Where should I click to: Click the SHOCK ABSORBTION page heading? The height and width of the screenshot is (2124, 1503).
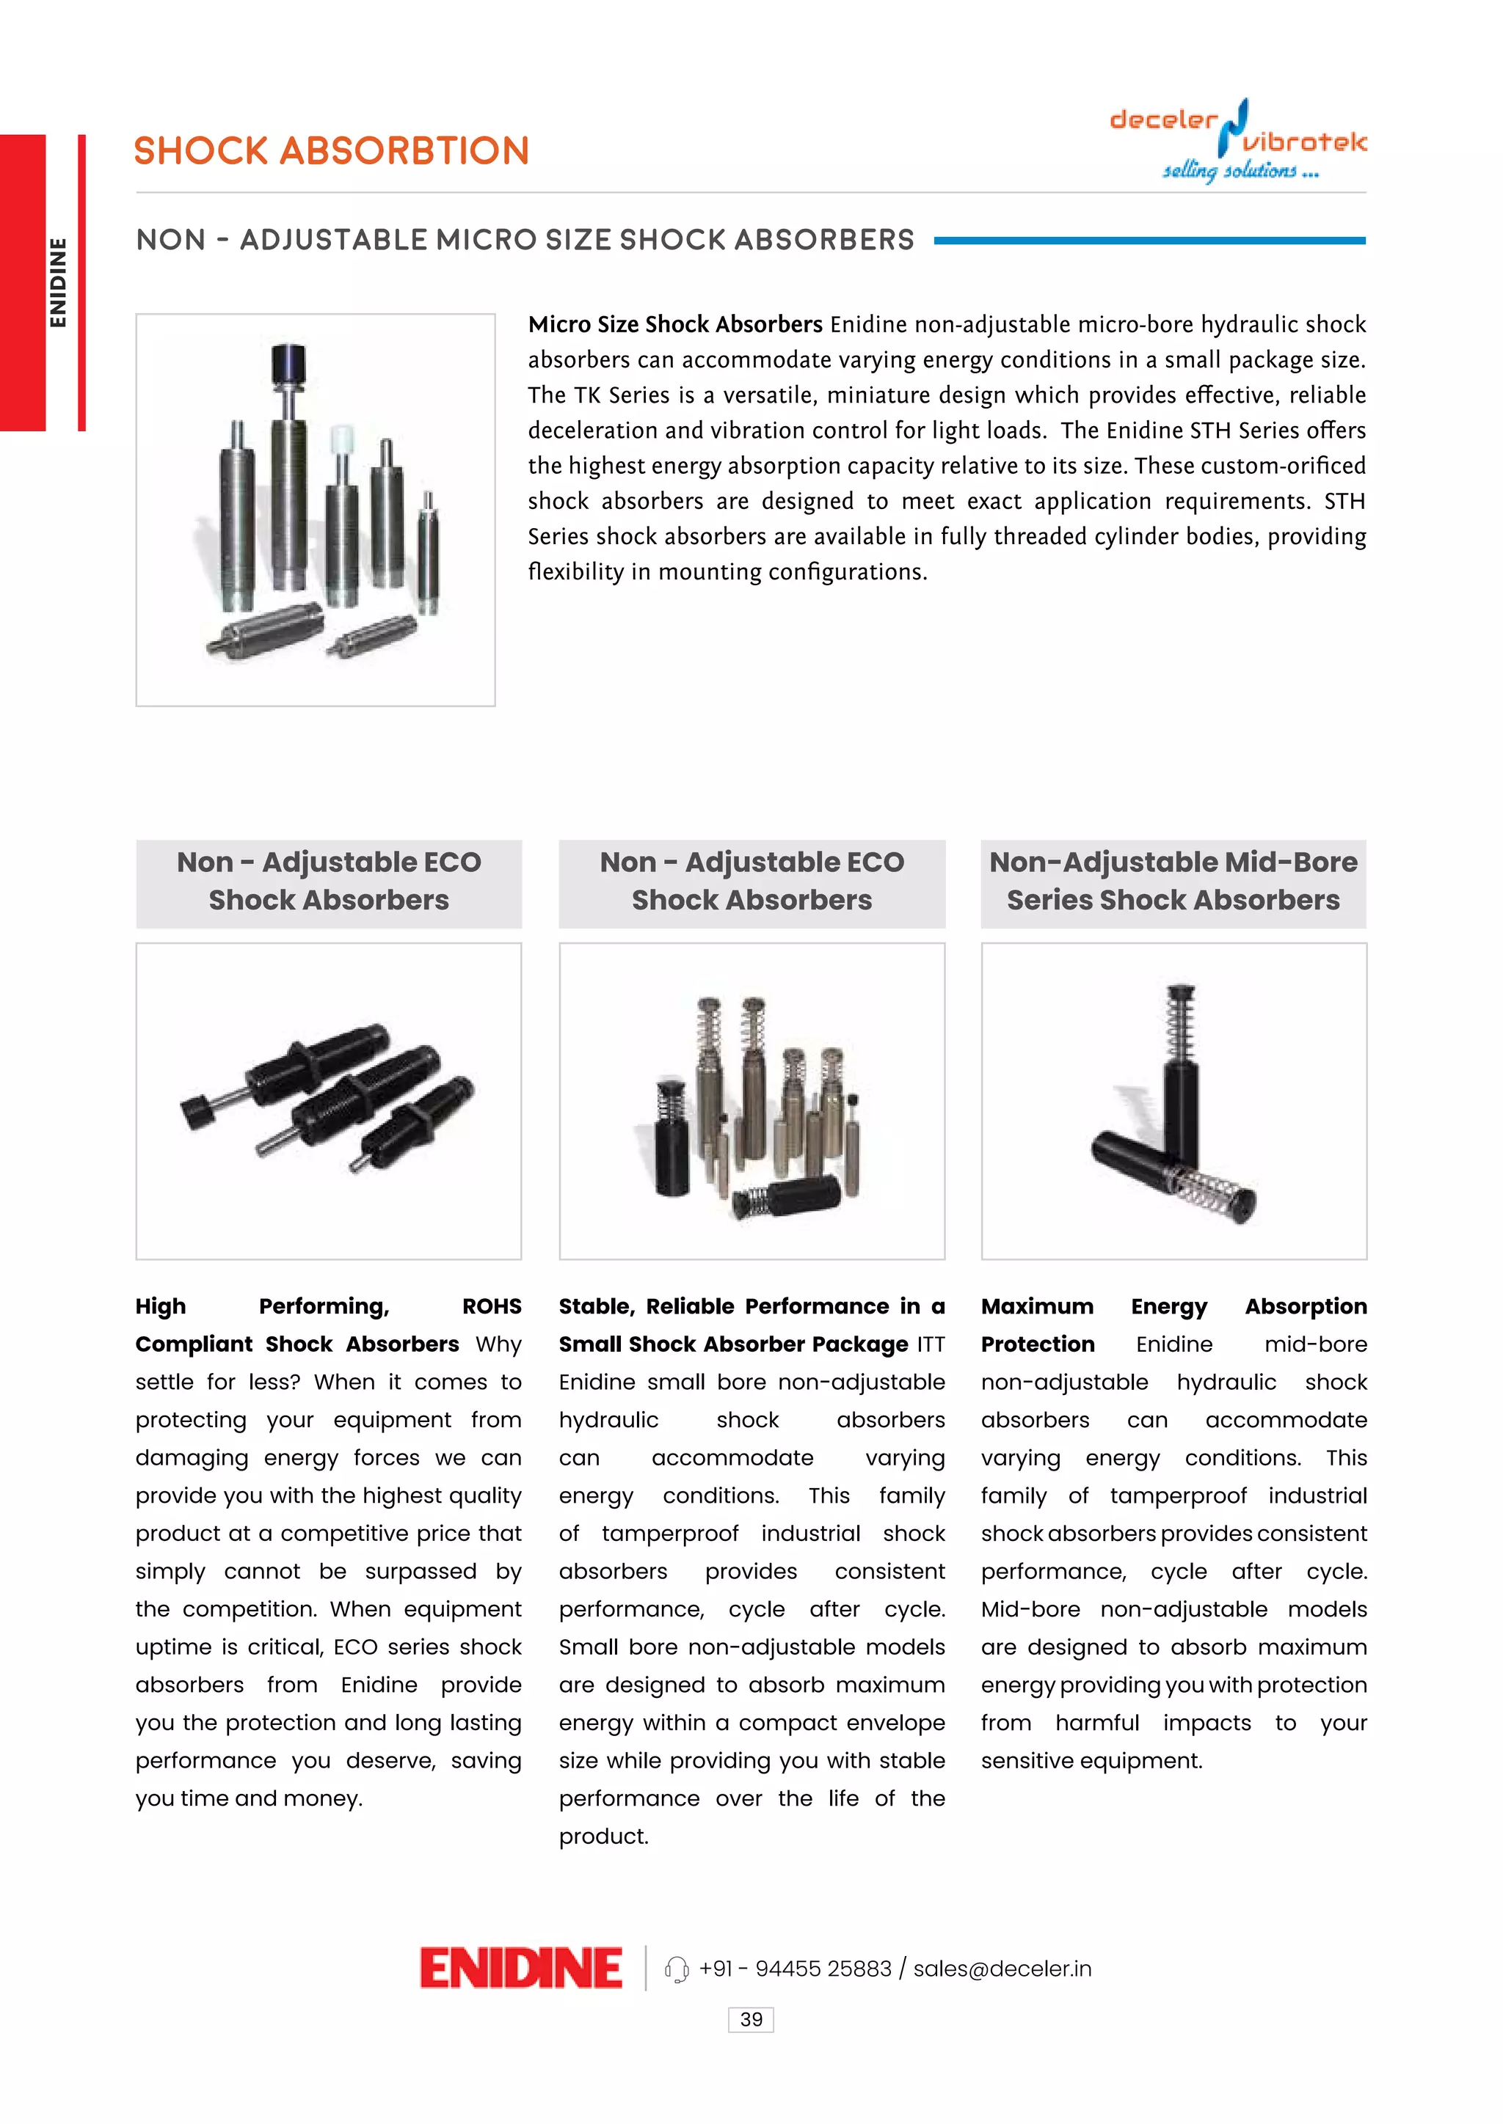point(331,151)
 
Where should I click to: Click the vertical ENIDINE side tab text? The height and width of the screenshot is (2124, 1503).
point(58,282)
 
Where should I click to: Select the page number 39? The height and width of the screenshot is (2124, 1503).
point(751,2019)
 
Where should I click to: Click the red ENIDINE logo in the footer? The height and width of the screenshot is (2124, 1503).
point(520,1968)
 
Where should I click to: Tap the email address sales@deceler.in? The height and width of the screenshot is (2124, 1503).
point(1002,1969)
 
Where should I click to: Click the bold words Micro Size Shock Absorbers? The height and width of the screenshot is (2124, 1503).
point(674,325)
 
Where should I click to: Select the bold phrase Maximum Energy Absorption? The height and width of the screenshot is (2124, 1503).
point(1173,1306)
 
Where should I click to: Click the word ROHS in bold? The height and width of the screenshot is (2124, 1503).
point(492,1306)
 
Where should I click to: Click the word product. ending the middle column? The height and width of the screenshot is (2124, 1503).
point(603,1836)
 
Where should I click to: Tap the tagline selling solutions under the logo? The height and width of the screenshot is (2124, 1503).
point(1240,171)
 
